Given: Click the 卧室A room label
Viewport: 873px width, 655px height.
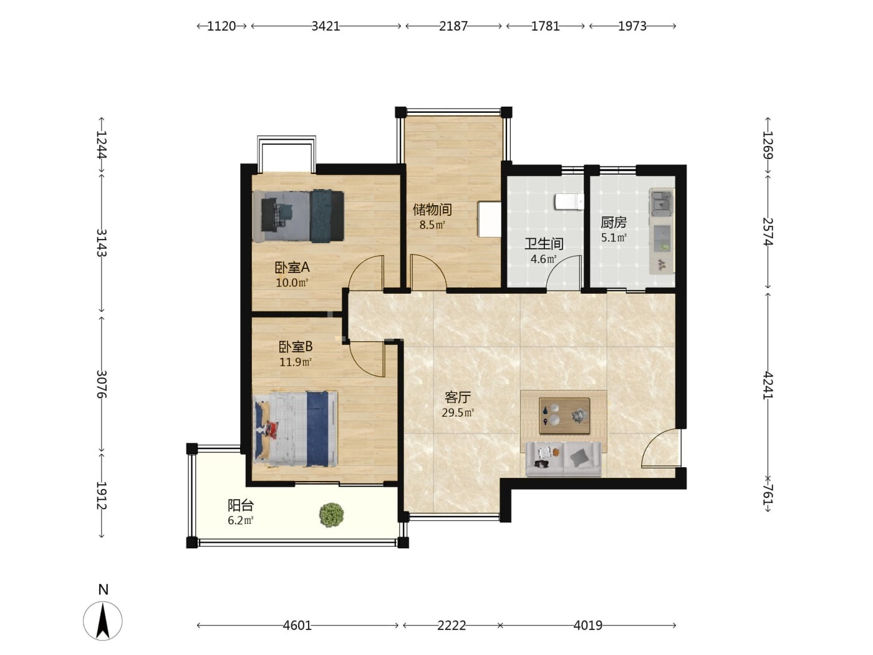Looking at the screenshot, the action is pos(292,268).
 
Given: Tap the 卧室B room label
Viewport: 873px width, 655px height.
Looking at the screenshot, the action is pos(295,347).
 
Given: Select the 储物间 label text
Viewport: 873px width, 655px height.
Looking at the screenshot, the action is pos(432,209).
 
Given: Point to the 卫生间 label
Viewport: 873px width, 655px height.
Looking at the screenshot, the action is pos(544,243).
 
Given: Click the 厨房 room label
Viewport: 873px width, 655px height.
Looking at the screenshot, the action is pos(614,222).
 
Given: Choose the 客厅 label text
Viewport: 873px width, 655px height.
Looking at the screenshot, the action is pos(458,397).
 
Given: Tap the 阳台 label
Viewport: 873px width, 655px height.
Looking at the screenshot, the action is pos(241,505).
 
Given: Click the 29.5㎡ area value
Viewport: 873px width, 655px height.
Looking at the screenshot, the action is pos(458,412).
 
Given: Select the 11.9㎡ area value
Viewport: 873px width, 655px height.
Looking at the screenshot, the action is pos(295,362).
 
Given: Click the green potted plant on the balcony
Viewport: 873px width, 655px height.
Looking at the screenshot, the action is pos(332,515).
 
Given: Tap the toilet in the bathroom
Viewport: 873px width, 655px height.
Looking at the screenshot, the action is pos(569,201).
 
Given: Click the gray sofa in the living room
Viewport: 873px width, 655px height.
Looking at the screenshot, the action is pos(563,459).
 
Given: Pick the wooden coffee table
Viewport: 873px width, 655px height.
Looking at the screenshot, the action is pos(564,415).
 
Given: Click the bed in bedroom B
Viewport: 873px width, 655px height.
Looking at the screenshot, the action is pos(296,429).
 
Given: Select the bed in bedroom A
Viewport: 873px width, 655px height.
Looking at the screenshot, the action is pos(298,216).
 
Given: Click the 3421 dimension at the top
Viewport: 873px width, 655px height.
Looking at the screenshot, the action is pos(326,26).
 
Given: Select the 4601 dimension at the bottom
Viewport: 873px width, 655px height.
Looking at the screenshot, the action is pos(297,626).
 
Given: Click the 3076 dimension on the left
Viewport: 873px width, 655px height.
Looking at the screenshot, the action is pos(102,384).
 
